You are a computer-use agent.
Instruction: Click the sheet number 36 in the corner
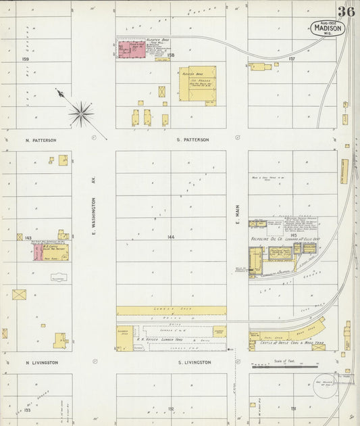pyautogui.click(x=346, y=11)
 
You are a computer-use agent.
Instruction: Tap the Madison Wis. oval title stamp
pyautogui.click(x=328, y=28)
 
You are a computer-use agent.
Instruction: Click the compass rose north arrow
pyautogui.click(x=80, y=113)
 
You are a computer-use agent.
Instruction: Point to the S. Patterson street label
pyautogui.click(x=192, y=140)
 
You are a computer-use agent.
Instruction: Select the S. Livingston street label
pyautogui.click(x=194, y=362)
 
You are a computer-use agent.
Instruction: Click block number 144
pyautogui.click(x=171, y=237)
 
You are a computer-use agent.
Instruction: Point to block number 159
pyautogui.click(x=26, y=59)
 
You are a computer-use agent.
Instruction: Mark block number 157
pyautogui.click(x=292, y=59)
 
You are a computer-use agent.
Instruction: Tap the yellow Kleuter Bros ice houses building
pyautogui.click(x=197, y=84)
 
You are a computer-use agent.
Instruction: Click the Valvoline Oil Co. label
pyautogui.click(x=268, y=239)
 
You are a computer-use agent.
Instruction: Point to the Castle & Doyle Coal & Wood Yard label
pyautogui.click(x=292, y=343)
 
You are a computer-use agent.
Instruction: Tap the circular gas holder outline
pyautogui.click(x=326, y=383)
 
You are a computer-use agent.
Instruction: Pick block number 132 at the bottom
pyautogui.click(x=171, y=409)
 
